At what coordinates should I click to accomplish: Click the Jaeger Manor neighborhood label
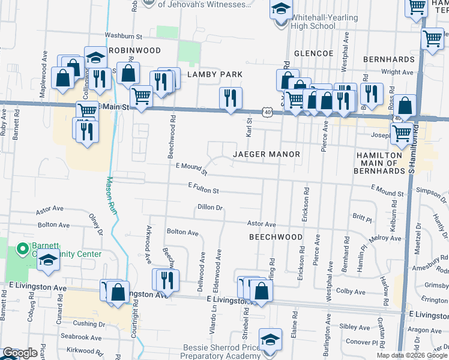tap(266, 154)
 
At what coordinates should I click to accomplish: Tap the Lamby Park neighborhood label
tap(214, 74)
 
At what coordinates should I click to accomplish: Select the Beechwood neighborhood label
tap(276, 237)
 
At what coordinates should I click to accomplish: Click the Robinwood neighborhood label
tap(134, 51)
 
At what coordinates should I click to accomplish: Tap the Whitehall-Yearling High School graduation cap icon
tap(280, 10)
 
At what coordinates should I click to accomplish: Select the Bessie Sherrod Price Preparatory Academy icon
tap(270, 339)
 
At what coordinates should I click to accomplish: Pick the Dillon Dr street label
tap(210, 208)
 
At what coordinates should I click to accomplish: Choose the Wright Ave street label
tap(398, 72)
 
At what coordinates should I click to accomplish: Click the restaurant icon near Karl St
tap(231, 98)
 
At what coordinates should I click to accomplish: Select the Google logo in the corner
tap(19, 353)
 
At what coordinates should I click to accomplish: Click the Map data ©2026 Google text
tap(411, 355)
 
